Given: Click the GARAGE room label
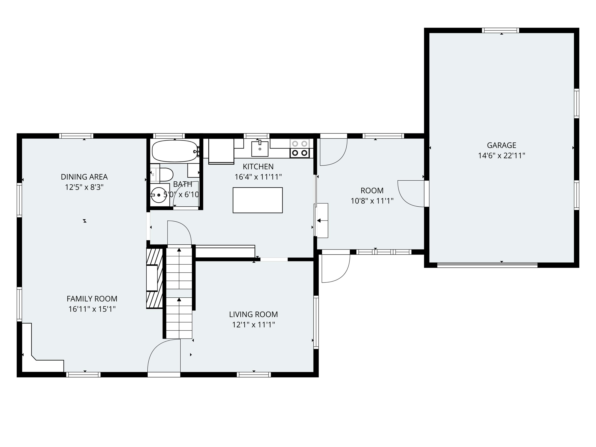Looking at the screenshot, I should coord(501,145).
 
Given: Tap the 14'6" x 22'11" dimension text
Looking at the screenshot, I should coord(501,156).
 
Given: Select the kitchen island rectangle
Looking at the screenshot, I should coord(258,200).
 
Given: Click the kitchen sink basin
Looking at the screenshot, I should coord(260,149).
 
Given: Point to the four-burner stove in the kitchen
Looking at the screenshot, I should coord(300,148).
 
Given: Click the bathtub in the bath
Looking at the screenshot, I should coord(175,151).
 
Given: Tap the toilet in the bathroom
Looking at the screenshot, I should coord(166,175).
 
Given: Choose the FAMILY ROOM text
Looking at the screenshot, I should coord(92,299).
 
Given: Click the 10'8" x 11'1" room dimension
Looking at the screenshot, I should coord(372,201).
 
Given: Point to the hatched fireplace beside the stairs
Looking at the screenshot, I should coord(155,278).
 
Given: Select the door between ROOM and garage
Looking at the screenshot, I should coord(411,194).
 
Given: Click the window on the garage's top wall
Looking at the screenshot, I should coord(500,30).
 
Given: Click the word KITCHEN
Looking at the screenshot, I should coord(258,166).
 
